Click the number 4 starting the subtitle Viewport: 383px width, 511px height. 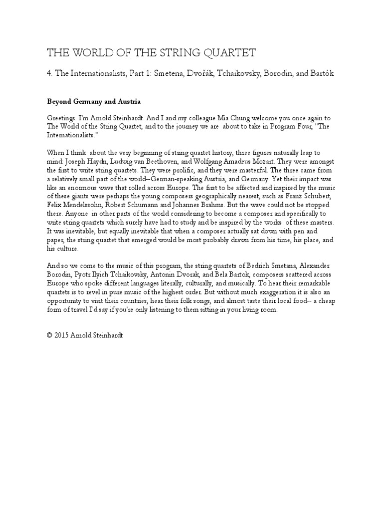(x=49, y=74)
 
